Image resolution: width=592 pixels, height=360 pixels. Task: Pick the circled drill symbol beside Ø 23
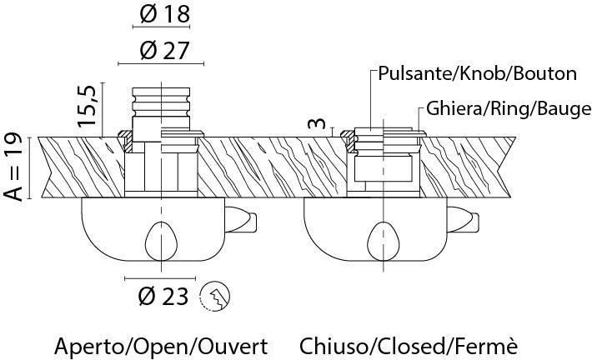tap(216, 295)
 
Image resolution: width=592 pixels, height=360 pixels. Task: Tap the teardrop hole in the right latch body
tap(384, 241)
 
